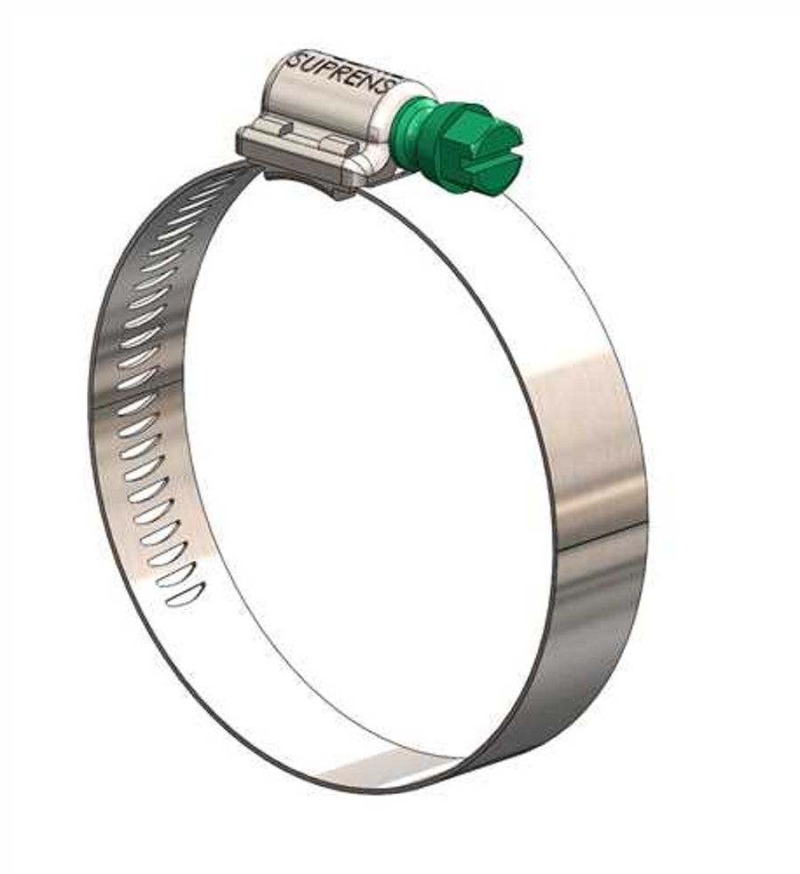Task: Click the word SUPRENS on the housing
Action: point(341,72)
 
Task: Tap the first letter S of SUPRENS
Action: point(294,60)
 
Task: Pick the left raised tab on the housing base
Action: point(282,130)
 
